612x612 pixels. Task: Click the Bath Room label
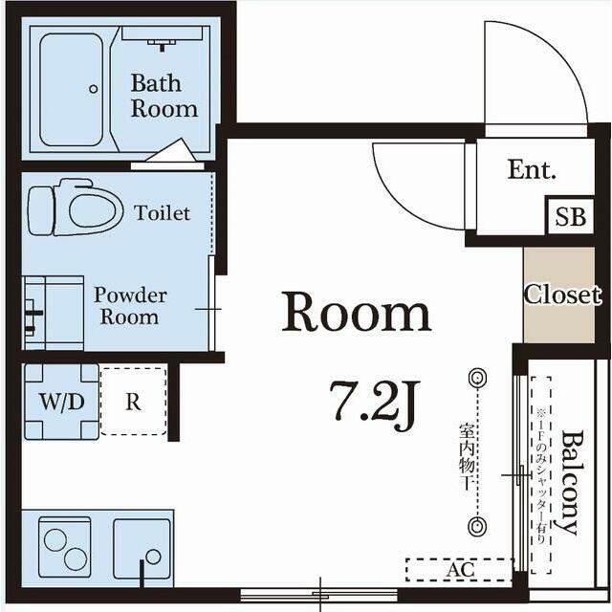pyautogui.click(x=164, y=96)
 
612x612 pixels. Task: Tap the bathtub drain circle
pyautogui.click(x=94, y=89)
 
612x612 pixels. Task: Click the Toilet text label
pyautogui.click(x=162, y=213)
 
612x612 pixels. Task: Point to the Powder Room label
pyautogui.click(x=130, y=306)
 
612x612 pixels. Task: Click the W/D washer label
pyautogui.click(x=61, y=402)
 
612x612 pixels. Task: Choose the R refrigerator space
pyautogui.click(x=134, y=402)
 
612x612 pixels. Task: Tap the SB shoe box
pyautogui.click(x=570, y=216)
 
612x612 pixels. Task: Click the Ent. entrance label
pyautogui.click(x=532, y=170)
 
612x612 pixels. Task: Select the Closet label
pyautogui.click(x=562, y=295)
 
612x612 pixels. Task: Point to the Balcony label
pyautogui.click(x=570, y=482)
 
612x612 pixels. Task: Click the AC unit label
pyautogui.click(x=461, y=570)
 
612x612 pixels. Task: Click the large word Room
pyautogui.click(x=357, y=313)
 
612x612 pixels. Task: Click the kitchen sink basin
pyautogui.click(x=142, y=549)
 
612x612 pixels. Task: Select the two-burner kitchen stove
pyautogui.click(x=65, y=549)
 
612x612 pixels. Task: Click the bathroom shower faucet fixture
pyautogui.click(x=162, y=43)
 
